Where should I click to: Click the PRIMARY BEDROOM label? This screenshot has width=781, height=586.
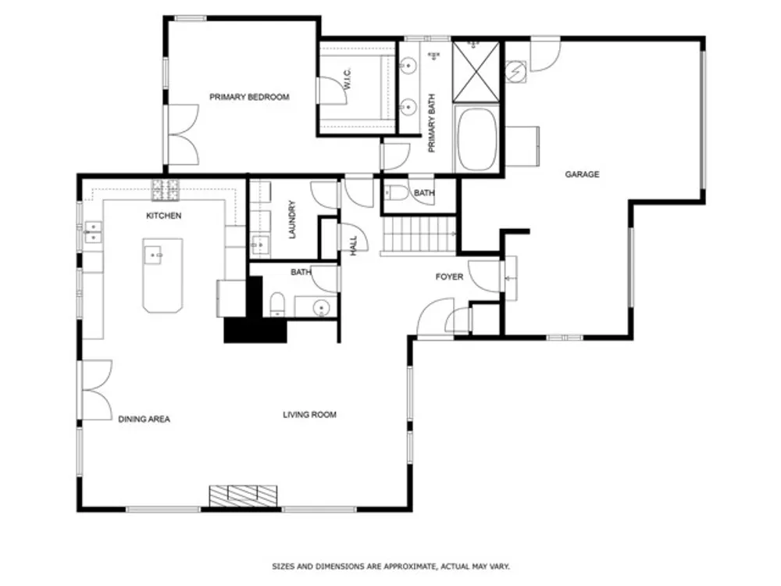pos(249,97)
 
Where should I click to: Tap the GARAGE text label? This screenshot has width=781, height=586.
pos(582,174)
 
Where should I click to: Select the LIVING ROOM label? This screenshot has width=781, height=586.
pos(309,415)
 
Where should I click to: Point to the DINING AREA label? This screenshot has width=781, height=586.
pos(144,419)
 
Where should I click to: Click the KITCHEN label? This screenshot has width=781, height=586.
pos(163,216)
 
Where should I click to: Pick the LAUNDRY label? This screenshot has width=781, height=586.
pos(292,220)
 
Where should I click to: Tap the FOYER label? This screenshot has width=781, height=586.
pos(449,277)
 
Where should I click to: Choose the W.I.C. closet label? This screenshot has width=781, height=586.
pos(348,79)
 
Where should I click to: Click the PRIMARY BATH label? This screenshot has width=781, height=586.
pos(432,123)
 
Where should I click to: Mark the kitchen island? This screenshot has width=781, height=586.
pos(162,276)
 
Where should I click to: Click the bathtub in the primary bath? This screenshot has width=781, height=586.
pos(476,140)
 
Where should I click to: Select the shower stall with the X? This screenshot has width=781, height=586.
pos(476,72)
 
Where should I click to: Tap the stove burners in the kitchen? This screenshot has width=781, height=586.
pos(166,191)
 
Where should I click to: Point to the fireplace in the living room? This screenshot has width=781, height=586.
pos(243,496)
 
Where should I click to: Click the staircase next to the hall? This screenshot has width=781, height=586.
pos(419,235)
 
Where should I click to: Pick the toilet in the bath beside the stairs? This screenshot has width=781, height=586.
pos(396,193)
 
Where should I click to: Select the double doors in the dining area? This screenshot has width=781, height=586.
pos(97,390)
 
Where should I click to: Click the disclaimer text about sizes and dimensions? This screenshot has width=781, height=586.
pos(391,566)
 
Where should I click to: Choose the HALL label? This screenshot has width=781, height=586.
pos(354,246)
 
